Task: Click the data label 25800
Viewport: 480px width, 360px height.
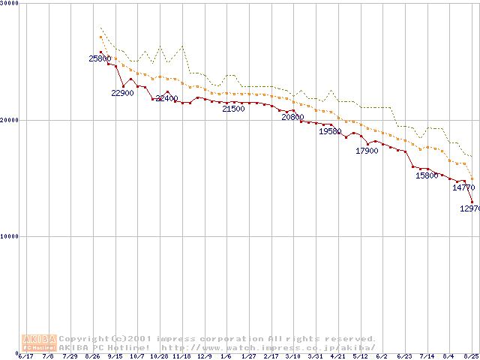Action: point(100,58)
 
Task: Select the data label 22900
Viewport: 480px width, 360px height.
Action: point(122,93)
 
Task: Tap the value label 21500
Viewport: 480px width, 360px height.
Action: point(233,109)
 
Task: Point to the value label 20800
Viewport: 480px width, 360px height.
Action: point(292,117)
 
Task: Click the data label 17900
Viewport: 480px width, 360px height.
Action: point(367,151)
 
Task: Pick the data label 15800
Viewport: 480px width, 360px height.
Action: point(427,175)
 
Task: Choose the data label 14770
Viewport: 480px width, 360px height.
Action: point(463,187)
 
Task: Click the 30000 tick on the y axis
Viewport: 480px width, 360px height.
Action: point(10,4)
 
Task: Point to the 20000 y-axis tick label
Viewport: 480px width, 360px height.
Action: point(10,120)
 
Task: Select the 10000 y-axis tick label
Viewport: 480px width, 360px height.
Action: point(10,236)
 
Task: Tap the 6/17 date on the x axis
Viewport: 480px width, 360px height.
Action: point(26,356)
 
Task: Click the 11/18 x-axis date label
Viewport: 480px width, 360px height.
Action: point(181,356)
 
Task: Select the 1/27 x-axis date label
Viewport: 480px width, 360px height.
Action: point(248,356)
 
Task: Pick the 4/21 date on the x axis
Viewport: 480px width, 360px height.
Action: point(337,356)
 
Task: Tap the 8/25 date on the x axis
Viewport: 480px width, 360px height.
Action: point(471,356)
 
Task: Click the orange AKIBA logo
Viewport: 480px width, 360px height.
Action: point(40,342)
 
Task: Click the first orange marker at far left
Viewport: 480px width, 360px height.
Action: point(100,37)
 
